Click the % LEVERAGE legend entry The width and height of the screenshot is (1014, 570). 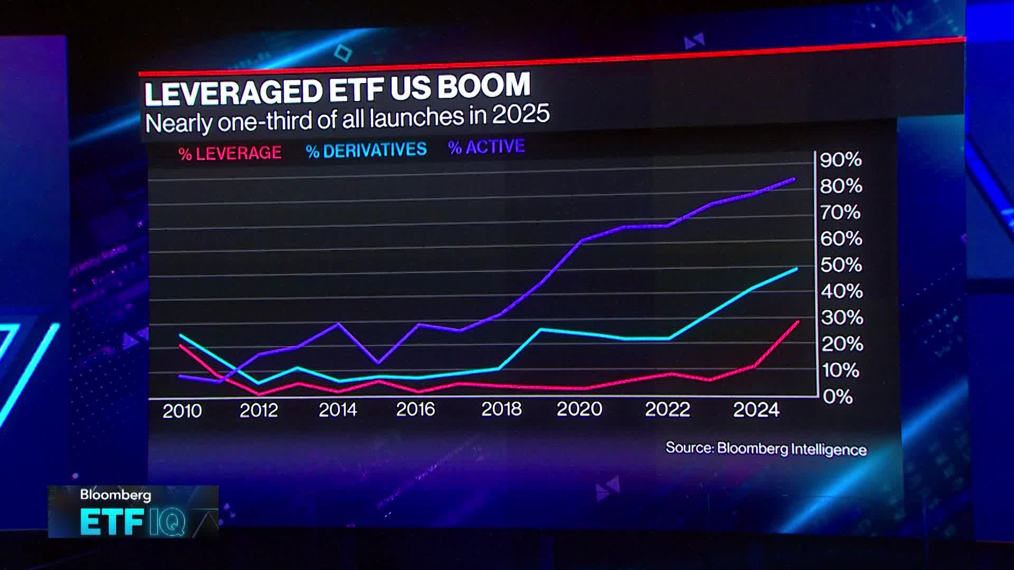230,153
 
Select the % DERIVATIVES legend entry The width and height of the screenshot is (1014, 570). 366,150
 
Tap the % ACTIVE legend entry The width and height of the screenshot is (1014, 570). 486,147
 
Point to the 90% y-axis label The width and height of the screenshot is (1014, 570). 840,159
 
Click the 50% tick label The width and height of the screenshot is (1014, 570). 841,264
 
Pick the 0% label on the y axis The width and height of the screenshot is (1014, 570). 838,396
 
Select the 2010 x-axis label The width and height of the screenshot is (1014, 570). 182,411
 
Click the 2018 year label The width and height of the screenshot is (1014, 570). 501,409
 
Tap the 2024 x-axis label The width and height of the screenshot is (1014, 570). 756,410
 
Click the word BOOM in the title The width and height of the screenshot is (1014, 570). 483,85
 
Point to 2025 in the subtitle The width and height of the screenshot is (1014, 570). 521,115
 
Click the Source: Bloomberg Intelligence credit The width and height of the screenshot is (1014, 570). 766,449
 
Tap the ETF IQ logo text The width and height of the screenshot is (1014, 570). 133,522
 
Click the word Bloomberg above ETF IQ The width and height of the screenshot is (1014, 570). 115,495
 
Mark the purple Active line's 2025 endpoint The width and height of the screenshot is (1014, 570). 794,179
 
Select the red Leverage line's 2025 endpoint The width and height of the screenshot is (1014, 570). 797,321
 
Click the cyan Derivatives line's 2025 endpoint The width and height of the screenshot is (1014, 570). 796,269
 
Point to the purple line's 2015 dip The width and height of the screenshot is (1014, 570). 378,363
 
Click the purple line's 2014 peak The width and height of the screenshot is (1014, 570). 338,324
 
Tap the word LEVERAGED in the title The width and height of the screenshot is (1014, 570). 233,92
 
